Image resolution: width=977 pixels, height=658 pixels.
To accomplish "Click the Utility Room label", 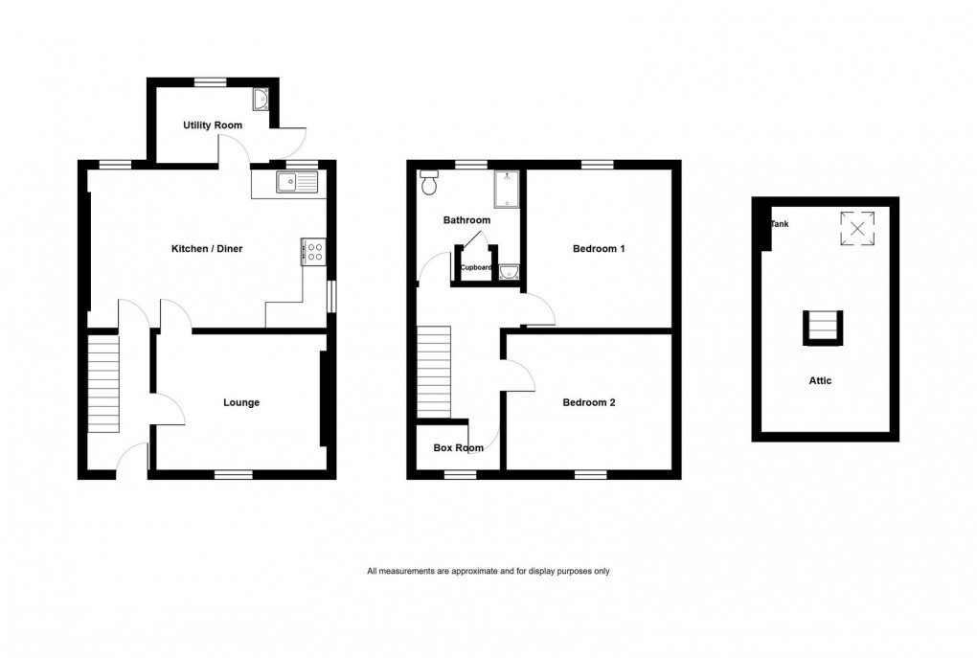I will click(x=213, y=125).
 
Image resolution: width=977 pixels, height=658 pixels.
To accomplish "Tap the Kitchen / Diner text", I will click(x=207, y=249).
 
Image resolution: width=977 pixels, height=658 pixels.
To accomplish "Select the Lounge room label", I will click(x=241, y=403).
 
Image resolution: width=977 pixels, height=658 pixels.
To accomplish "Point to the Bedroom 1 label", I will click(x=599, y=249).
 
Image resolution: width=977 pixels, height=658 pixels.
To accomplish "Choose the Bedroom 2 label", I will click(x=588, y=403).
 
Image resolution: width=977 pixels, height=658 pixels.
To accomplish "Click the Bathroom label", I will click(x=466, y=220).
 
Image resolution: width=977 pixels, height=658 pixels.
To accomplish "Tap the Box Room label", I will click(x=455, y=447).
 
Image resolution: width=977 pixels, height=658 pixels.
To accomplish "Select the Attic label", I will click(x=820, y=380).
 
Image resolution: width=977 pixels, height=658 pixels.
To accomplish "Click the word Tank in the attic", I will click(x=781, y=224).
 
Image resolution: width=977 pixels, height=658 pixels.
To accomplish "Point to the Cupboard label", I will click(x=477, y=268).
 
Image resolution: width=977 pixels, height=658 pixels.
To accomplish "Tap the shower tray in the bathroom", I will click(x=506, y=190).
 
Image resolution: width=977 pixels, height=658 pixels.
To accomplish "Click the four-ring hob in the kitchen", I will click(x=312, y=251).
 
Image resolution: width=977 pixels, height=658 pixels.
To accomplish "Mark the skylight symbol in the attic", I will click(x=857, y=228).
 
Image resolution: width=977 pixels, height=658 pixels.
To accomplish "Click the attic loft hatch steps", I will click(x=823, y=328).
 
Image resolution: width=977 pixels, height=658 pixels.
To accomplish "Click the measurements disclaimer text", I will click(x=488, y=572).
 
